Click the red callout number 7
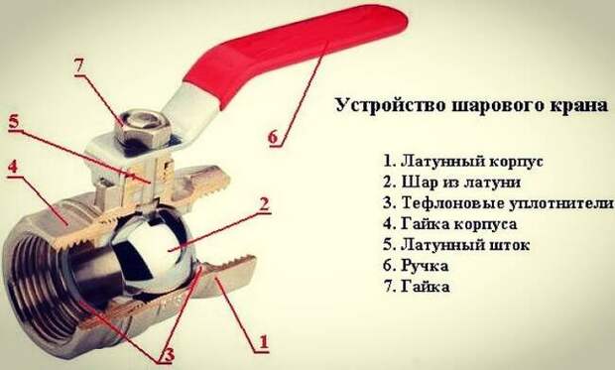(x=79, y=66)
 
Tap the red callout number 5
(x=14, y=122)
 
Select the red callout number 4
(x=13, y=168)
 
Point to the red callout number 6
(x=273, y=137)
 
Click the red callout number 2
(x=265, y=204)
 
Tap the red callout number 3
(x=169, y=355)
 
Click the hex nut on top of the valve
(x=143, y=126)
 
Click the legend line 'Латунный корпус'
(x=463, y=161)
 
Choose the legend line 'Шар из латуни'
(x=452, y=183)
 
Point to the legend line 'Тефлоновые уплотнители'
(x=498, y=203)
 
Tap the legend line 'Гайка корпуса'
(x=450, y=224)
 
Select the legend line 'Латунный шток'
(x=456, y=245)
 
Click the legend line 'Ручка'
(x=416, y=266)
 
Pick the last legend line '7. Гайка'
(x=417, y=287)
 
